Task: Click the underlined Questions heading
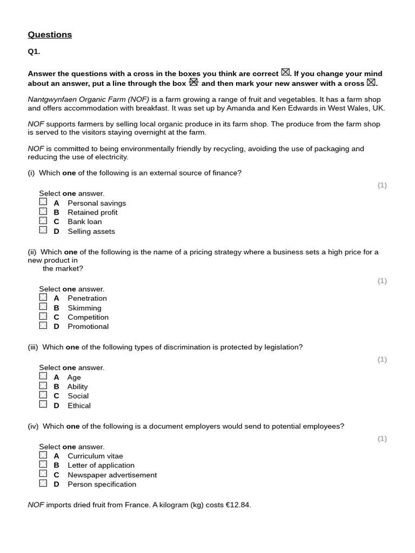[50, 35]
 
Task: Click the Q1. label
[34, 52]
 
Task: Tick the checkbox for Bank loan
[43, 221]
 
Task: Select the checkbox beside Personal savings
[43, 202]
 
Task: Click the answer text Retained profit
[92, 212]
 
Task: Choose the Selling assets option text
[91, 231]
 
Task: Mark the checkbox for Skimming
[43, 307]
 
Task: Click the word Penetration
[87, 298]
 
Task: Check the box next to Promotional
[43, 326]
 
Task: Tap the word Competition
[88, 317]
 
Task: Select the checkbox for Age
[43, 376]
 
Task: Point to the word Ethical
[79, 406]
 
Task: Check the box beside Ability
[43, 386]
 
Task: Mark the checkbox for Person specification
[43, 483]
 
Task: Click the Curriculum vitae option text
[95, 456]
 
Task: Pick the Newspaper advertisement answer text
[112, 475]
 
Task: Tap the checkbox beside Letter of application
[43, 464]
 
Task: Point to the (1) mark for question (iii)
[382, 360]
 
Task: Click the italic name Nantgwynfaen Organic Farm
[88, 99]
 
